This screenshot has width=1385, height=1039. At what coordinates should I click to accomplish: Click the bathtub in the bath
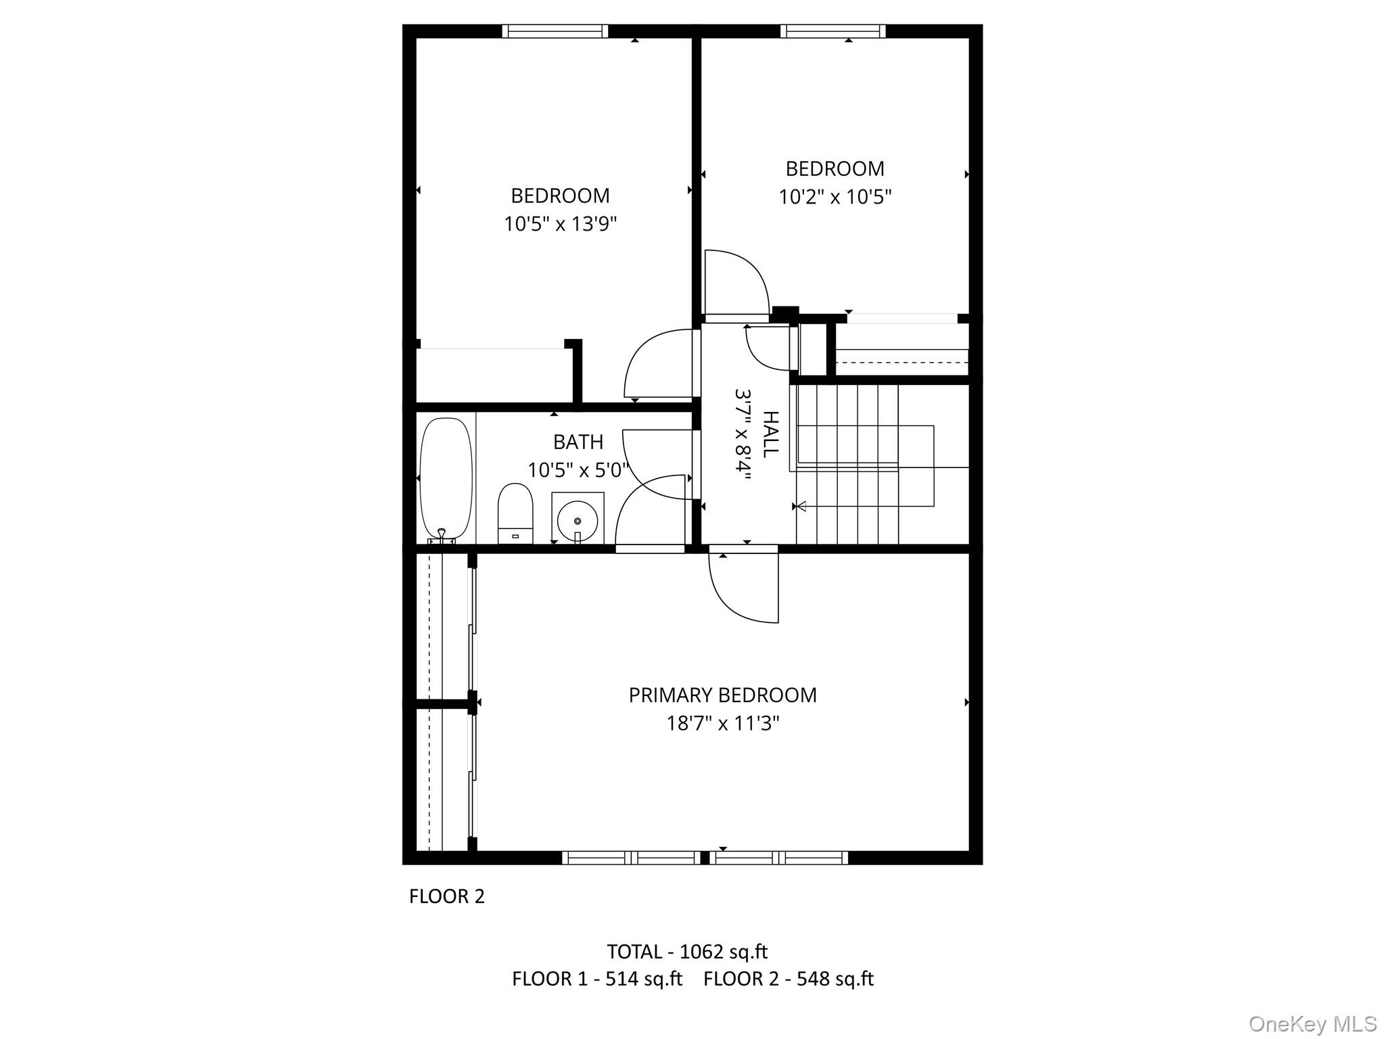click(x=446, y=478)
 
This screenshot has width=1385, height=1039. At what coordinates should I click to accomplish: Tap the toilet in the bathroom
click(x=515, y=512)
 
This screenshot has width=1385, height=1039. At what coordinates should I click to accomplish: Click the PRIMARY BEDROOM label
click(x=722, y=695)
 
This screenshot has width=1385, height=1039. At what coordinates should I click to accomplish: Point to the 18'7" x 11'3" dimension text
click(x=722, y=724)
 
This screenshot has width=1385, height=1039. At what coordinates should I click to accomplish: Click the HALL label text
click(x=770, y=434)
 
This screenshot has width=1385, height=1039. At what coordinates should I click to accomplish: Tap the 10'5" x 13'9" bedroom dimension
click(x=560, y=224)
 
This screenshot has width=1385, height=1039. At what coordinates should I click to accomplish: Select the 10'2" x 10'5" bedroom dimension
click(x=835, y=197)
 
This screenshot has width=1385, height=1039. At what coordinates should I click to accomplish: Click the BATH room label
click(x=578, y=442)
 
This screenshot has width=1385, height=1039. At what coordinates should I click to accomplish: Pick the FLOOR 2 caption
click(x=447, y=896)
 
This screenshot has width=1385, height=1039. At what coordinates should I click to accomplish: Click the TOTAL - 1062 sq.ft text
click(x=687, y=952)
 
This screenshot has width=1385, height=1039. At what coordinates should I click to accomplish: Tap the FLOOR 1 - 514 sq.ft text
click(x=597, y=979)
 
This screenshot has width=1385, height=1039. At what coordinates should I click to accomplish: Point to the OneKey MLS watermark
click(x=1313, y=1023)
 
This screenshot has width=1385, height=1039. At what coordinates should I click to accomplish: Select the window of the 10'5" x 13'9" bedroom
click(x=555, y=31)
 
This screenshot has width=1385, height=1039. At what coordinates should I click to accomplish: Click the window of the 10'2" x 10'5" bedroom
click(x=832, y=31)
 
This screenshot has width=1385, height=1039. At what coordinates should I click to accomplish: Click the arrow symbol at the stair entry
click(x=801, y=506)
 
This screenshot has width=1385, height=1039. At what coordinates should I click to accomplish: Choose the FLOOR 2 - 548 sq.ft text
click(x=789, y=979)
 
